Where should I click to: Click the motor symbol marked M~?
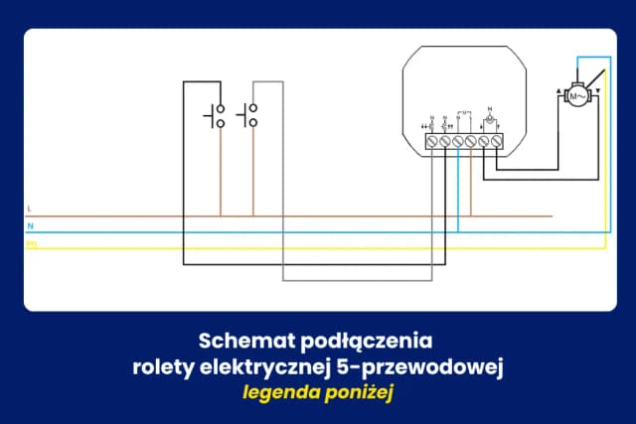(x=576, y=95)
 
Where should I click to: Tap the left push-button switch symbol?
(x=216, y=116)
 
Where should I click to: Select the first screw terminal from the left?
(x=431, y=142)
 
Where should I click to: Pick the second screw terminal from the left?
(x=444, y=142)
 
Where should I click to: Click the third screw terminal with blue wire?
(x=457, y=142)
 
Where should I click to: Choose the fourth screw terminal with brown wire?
(x=470, y=142)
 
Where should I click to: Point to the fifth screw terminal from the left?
(x=483, y=142)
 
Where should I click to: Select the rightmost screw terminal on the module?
(x=496, y=142)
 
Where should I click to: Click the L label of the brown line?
(x=29, y=209)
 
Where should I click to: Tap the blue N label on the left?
(x=29, y=225)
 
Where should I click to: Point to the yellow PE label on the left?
(x=31, y=242)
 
